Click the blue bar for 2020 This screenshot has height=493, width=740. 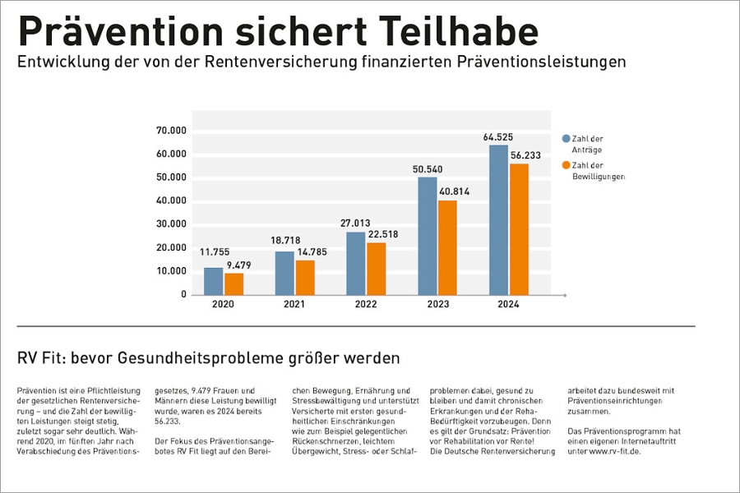pos(213,281)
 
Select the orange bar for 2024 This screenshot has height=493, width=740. pos(519,229)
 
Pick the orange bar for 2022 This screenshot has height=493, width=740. pos(376,269)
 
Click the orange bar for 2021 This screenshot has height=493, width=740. pos(305,278)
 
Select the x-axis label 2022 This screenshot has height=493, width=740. pos(365,305)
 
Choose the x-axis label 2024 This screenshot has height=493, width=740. pos(508,305)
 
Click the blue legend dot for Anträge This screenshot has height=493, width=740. pos(566,139)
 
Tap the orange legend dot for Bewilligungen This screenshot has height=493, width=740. pos(566,165)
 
